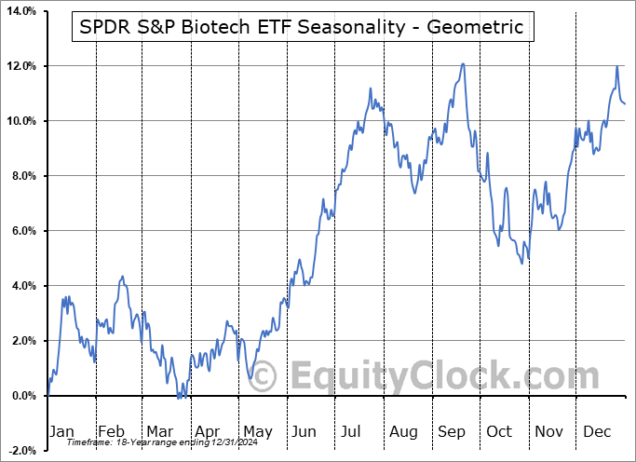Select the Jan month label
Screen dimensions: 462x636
pos(61,432)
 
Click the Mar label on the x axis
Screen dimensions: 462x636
pos(159,432)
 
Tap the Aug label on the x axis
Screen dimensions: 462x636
pos(402,432)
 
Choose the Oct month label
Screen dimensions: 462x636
pos(499,432)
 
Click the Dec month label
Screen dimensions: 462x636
pos(597,432)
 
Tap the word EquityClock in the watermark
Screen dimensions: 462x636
pos(432,376)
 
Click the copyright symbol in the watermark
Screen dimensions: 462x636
pos(264,376)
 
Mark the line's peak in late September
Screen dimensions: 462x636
pos(463,64)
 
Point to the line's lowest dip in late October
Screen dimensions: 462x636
pos(522,264)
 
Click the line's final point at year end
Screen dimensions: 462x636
pos(625,103)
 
